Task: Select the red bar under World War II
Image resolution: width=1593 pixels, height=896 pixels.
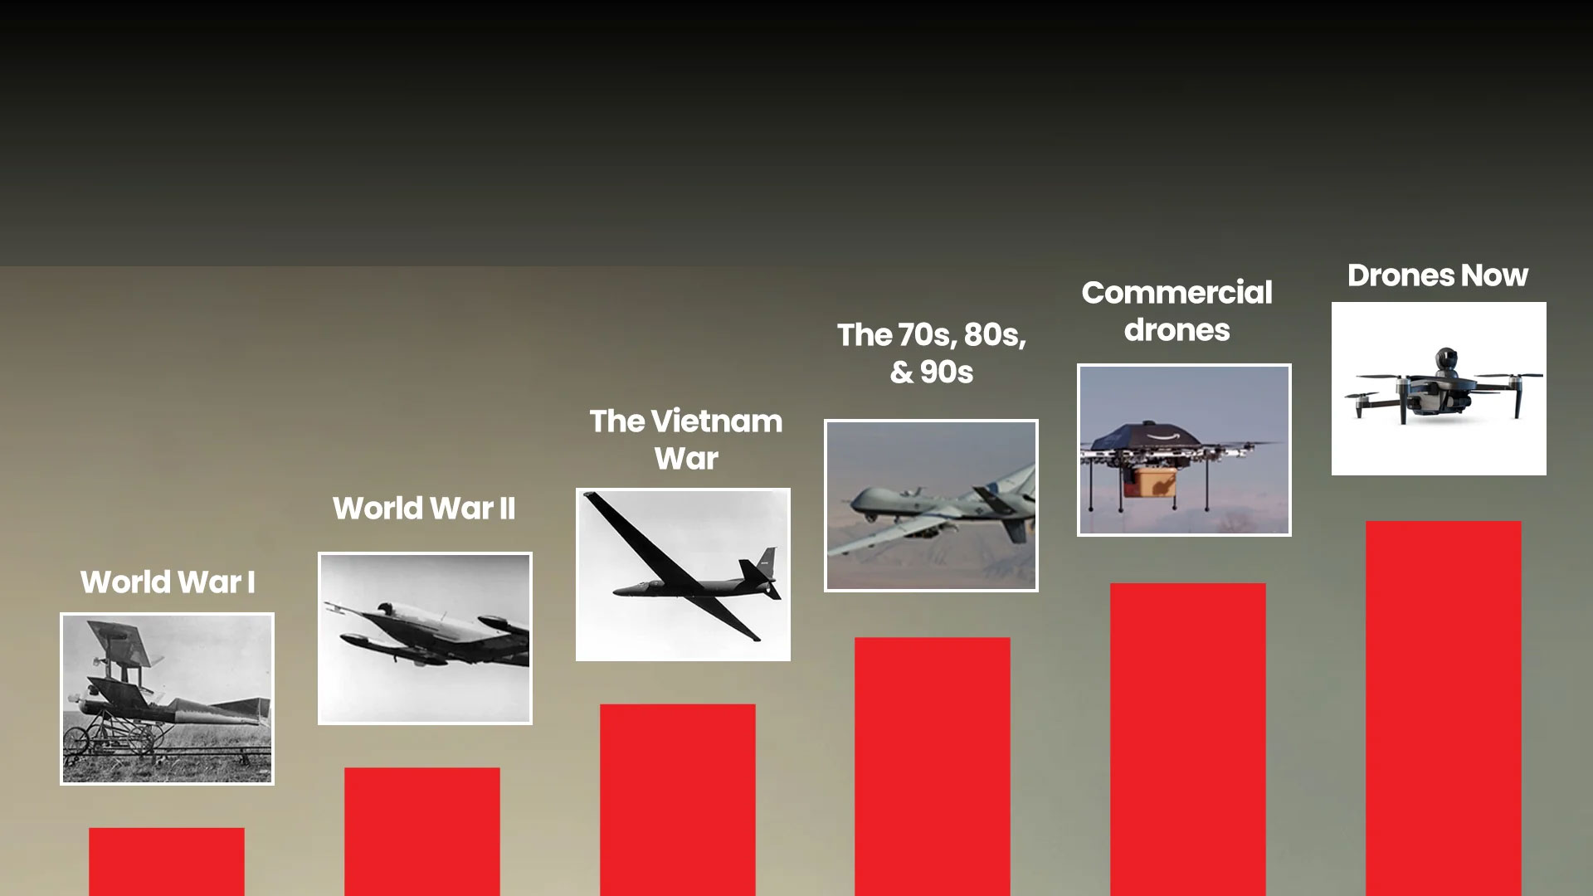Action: point(421,830)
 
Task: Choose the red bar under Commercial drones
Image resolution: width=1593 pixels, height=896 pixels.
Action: point(1187,738)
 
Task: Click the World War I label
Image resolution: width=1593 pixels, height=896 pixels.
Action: point(168,582)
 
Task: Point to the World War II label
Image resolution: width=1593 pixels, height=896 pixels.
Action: point(424,509)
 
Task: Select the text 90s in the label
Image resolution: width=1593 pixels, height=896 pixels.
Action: point(946,373)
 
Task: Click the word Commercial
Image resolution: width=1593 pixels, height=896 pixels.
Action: point(1176,293)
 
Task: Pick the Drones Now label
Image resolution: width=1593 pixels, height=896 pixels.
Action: point(1437,275)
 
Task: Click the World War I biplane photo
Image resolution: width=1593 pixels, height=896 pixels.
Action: point(167,699)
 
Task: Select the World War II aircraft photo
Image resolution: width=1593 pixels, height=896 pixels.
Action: point(425,638)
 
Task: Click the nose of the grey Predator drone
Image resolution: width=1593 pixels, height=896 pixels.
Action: point(849,503)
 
